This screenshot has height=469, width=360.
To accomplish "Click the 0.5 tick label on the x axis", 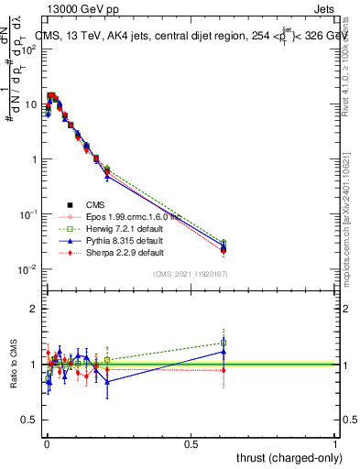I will pos(191,444).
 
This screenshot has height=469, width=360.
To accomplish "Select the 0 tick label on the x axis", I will pos(47,444).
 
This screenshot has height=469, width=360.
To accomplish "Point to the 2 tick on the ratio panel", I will pos(34,309).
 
